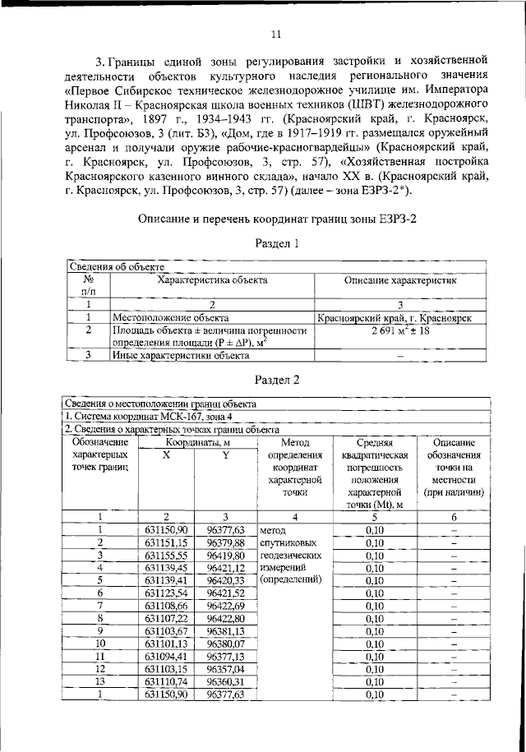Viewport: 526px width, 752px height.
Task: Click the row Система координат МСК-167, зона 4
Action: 145,417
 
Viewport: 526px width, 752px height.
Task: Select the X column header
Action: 166,454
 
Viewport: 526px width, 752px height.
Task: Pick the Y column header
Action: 224,454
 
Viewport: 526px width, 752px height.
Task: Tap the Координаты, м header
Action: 195,442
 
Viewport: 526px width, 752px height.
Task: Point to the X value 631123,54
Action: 166,593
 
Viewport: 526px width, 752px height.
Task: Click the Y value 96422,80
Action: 224,618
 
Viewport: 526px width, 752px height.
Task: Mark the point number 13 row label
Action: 100,681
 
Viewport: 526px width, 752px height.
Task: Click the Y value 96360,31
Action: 224,681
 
